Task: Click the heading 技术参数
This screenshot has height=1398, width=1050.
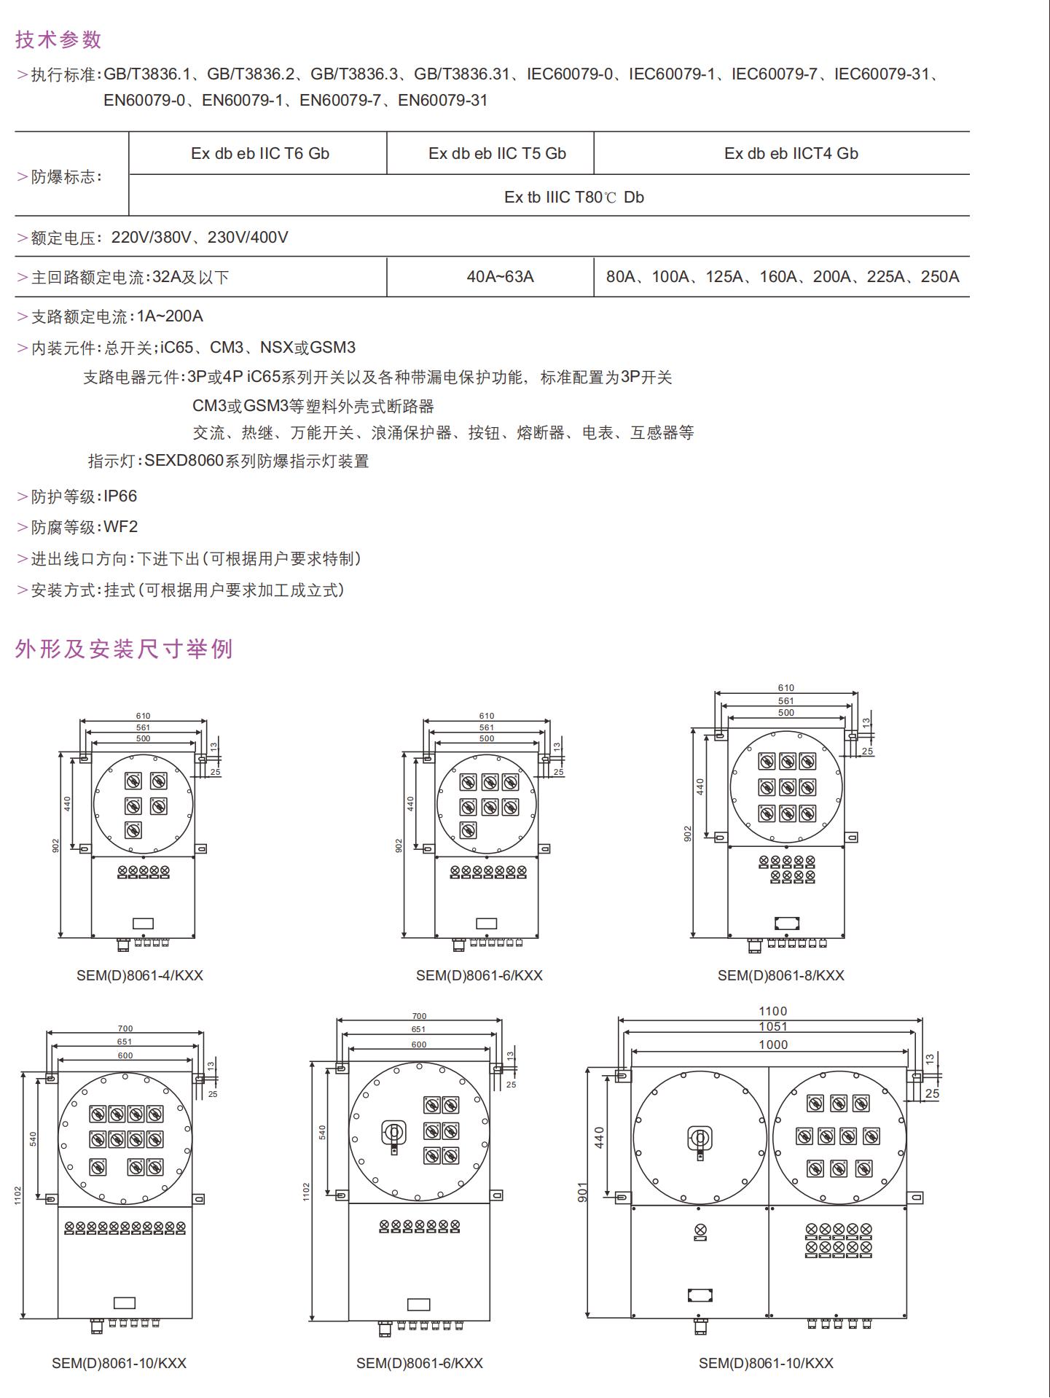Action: (x=58, y=39)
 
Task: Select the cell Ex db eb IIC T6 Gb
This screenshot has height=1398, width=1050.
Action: (x=260, y=154)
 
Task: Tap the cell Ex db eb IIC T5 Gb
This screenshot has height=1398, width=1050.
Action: (x=497, y=154)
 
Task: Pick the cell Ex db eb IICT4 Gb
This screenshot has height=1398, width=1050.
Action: (x=791, y=154)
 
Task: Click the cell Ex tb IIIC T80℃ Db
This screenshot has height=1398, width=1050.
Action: (x=573, y=198)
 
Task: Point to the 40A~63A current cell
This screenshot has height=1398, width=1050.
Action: (x=500, y=277)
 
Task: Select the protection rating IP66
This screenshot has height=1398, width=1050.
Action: (x=120, y=496)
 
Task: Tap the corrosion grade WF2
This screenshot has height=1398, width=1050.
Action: (x=120, y=527)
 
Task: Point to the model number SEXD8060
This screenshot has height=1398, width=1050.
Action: (x=184, y=461)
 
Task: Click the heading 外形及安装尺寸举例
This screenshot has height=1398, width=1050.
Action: (x=124, y=649)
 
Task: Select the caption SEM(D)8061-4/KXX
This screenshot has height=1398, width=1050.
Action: (x=140, y=975)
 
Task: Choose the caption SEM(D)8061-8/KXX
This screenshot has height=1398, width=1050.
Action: (x=780, y=975)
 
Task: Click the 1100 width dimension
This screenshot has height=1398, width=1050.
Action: (x=772, y=1012)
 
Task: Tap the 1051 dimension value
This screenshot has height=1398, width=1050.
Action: (x=772, y=1027)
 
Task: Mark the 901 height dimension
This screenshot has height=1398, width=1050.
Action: (x=583, y=1192)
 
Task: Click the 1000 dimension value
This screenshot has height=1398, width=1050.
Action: (x=772, y=1045)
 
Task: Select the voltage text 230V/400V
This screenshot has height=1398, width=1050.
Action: (x=248, y=238)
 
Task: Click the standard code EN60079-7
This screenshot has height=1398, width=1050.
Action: (x=340, y=101)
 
